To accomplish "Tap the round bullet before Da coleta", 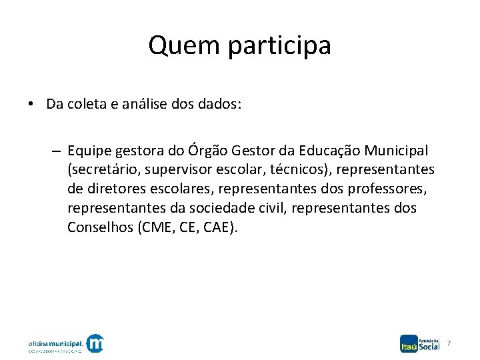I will (31, 105).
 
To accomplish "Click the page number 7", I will (449, 343).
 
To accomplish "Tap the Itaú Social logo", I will (420, 343).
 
